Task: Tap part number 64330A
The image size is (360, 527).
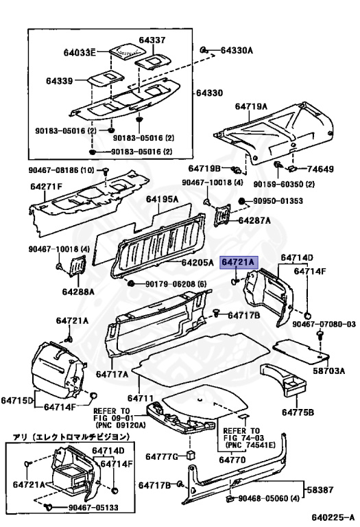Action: pos(237,51)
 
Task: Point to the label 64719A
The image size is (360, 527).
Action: pos(251,106)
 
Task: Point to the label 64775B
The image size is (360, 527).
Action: pos(297,412)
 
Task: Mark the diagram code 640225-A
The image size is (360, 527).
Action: pos(333,517)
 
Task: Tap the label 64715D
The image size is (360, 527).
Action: pos(16,400)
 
